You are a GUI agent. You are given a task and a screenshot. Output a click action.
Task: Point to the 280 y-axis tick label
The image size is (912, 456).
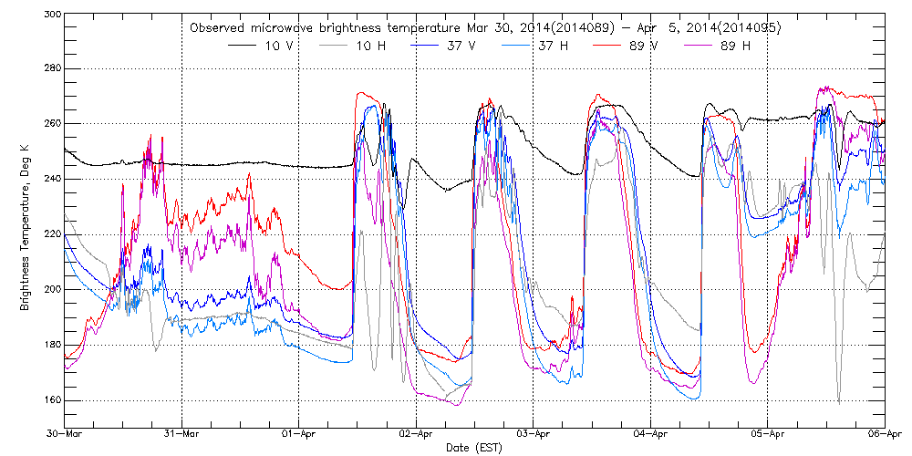pyautogui.click(x=51, y=68)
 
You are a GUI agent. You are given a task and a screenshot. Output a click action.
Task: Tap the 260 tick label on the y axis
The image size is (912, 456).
pyautogui.click(x=51, y=123)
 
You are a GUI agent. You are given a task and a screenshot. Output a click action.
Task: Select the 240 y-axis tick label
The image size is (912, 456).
pyautogui.click(x=51, y=179)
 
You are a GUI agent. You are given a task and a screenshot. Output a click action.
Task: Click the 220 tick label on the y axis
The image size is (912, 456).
pyautogui.click(x=51, y=234)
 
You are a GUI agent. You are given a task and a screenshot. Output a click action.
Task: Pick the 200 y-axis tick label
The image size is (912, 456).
pyautogui.click(x=51, y=289)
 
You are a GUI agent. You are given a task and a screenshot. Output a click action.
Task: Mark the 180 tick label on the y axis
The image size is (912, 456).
pyautogui.click(x=51, y=345)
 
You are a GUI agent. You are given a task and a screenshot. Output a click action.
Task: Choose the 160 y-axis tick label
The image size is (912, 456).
pyautogui.click(x=51, y=399)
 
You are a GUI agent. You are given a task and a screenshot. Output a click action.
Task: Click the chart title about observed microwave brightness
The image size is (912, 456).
pyautogui.click(x=484, y=28)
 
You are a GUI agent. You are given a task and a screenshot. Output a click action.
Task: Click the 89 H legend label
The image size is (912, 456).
pyautogui.click(x=735, y=45)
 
